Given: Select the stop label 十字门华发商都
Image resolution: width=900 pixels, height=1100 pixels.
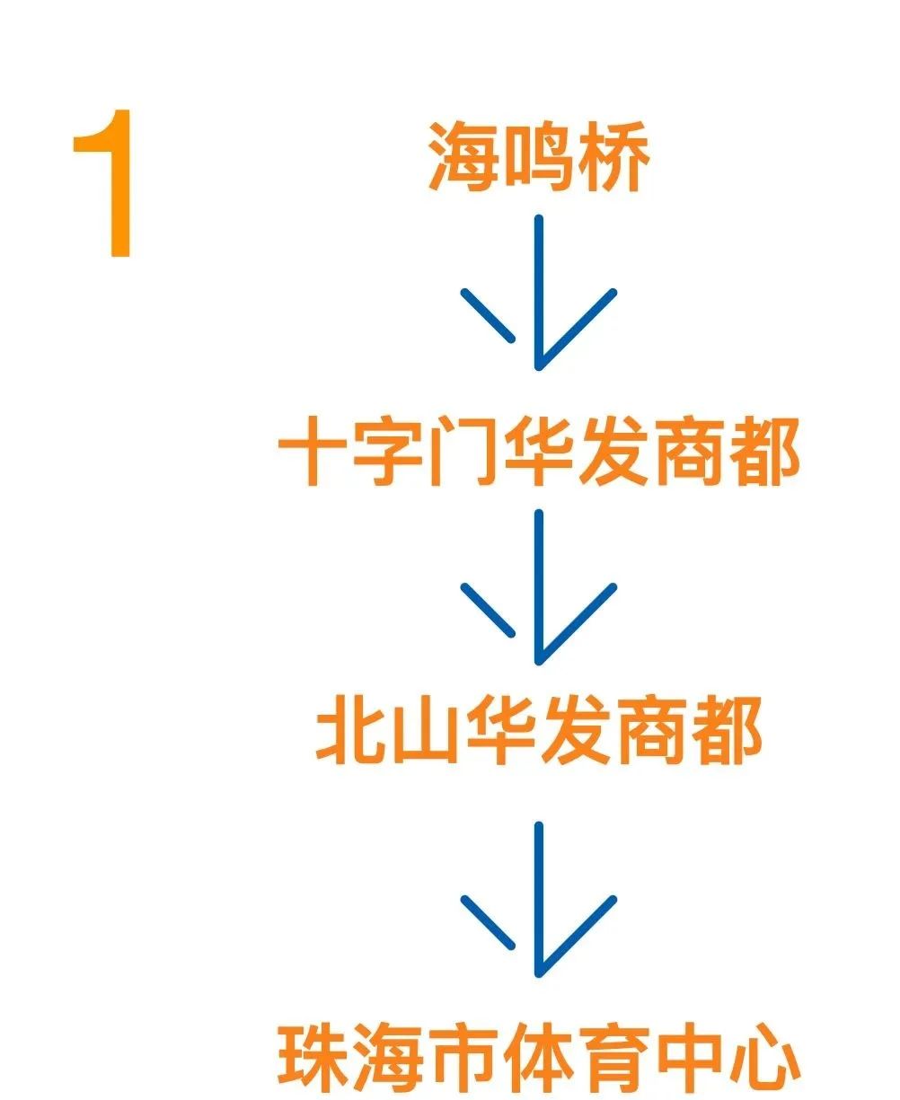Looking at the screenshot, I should (538, 453).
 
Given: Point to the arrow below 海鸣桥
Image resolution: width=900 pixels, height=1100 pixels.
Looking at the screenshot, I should (538, 296).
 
